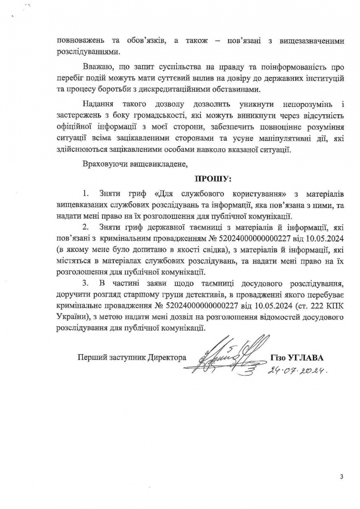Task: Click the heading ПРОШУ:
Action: [213, 178]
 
